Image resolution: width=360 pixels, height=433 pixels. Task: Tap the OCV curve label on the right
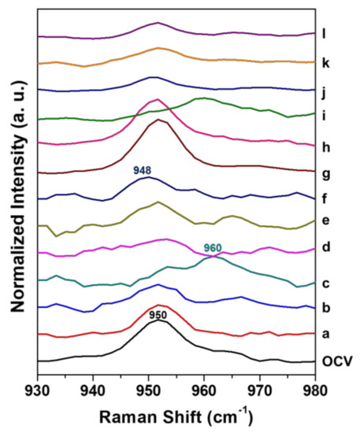click(336, 361)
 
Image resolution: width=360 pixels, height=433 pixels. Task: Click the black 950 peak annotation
click(158, 315)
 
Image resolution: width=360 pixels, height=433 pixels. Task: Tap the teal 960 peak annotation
click(213, 247)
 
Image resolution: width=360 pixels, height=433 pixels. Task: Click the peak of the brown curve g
click(159, 120)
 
